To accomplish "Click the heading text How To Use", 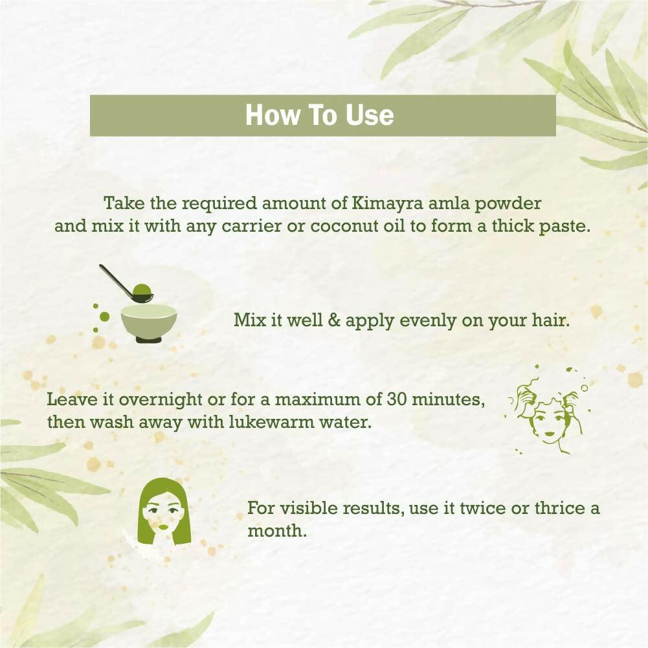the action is pyautogui.click(x=319, y=115).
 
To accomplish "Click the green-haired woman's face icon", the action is pyautogui.click(x=164, y=508).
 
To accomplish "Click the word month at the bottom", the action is pyautogui.click(x=277, y=531).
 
